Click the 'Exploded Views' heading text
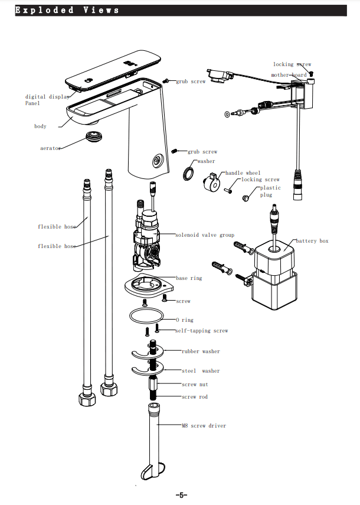(x=67, y=10)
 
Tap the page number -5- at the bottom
(x=181, y=495)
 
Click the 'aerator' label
(x=50, y=148)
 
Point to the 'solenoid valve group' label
(x=204, y=235)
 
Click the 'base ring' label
(x=188, y=278)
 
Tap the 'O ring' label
(x=184, y=320)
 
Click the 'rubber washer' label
(x=200, y=351)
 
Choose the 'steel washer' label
(x=200, y=371)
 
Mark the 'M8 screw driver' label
(x=204, y=425)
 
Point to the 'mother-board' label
(x=289, y=75)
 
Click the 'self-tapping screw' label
(x=201, y=331)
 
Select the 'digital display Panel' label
(x=46, y=100)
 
